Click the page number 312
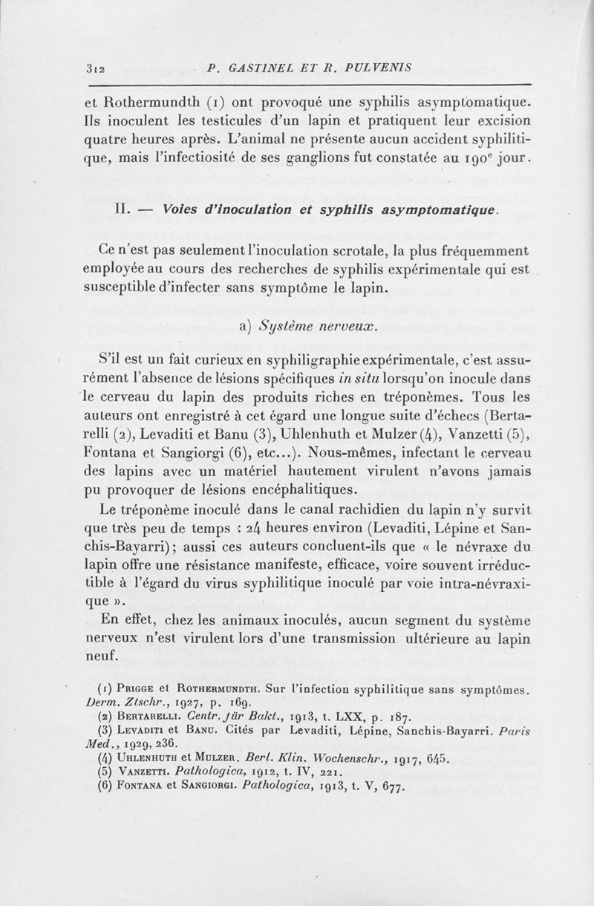pyautogui.click(x=96, y=69)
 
